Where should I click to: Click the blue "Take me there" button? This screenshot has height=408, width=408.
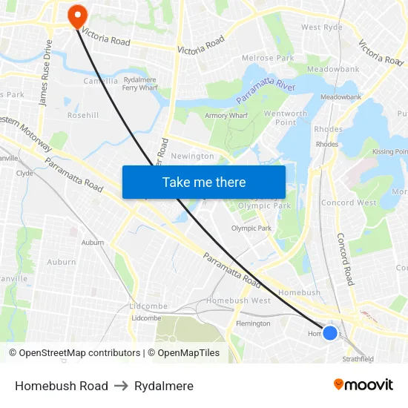[204, 182]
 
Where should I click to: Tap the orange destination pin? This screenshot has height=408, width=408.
[76, 16]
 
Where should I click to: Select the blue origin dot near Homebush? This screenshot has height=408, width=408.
[330, 333]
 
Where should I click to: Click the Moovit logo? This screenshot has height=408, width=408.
[363, 385]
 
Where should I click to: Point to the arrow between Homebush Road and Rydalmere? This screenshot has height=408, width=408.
[121, 386]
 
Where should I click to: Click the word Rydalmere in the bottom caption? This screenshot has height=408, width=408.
[164, 386]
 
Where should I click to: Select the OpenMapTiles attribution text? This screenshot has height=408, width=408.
[186, 353]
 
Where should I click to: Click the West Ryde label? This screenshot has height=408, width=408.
[322, 27]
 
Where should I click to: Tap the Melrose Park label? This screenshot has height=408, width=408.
[268, 58]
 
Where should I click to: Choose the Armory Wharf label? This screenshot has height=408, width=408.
[226, 116]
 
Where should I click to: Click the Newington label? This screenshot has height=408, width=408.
[192, 157]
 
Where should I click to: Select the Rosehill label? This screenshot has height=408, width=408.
[83, 116]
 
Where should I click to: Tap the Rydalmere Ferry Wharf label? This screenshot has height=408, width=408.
[139, 83]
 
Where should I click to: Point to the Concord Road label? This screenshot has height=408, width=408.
[345, 259]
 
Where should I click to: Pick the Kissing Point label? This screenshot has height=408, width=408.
[390, 151]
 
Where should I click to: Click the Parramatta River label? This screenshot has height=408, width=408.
[264, 91]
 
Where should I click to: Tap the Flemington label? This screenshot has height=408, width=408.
[252, 323]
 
